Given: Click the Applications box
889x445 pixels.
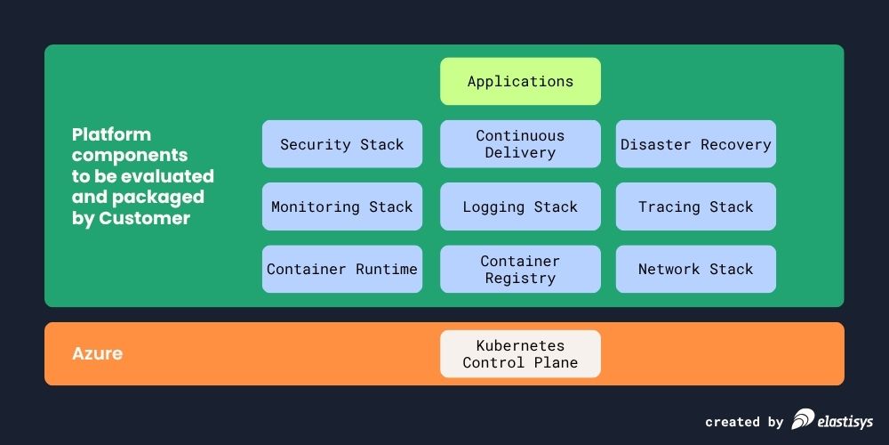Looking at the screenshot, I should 520,82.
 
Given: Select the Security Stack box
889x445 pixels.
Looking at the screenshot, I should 342,144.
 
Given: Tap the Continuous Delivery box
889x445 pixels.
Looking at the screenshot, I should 520,144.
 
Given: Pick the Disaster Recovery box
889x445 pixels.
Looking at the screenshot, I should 696,144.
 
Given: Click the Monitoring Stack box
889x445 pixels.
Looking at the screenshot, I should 342,206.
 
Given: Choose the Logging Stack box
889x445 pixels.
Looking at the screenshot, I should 520,206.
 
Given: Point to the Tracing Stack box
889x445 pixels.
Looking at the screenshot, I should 696,206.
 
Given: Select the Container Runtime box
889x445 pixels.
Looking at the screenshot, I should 342,269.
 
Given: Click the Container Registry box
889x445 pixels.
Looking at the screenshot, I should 520,269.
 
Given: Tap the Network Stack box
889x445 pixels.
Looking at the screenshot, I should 696,269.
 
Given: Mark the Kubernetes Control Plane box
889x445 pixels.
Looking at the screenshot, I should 520,353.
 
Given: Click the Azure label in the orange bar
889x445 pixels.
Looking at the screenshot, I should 97,353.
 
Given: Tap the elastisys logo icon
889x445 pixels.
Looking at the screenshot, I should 802,419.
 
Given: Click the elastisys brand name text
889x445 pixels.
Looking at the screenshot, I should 845,421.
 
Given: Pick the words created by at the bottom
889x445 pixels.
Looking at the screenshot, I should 744,422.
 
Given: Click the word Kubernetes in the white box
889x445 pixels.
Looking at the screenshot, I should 520,345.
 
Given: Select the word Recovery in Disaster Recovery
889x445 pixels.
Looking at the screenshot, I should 736,144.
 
